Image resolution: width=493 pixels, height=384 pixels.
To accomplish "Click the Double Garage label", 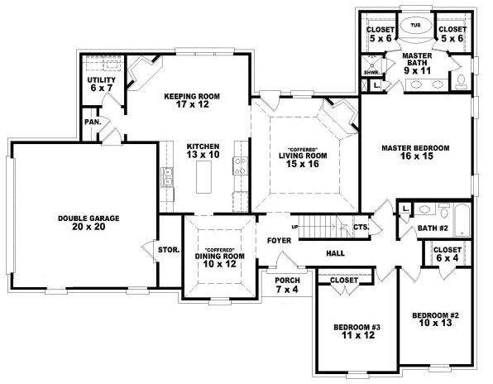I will click(x=89, y=222).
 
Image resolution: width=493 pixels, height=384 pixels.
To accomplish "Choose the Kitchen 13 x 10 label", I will click(x=203, y=148).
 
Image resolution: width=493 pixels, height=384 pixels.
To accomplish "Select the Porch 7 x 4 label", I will click(x=287, y=285).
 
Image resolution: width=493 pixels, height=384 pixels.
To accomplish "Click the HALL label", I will click(x=336, y=253).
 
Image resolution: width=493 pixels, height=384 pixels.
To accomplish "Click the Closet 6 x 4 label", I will click(x=448, y=254).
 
